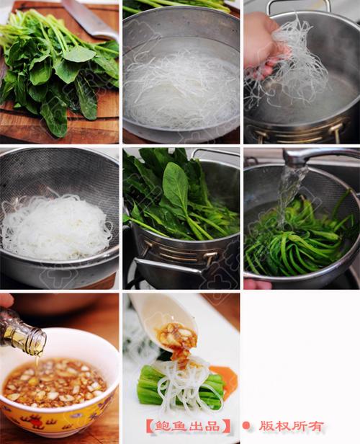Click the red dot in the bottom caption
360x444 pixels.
(246, 425)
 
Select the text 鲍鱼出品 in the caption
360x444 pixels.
(187, 426)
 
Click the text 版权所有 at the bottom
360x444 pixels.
(292, 426)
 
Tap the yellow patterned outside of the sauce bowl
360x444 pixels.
(57, 417)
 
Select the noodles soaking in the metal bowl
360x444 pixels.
(181, 91)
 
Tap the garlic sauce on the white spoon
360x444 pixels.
(176, 338)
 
